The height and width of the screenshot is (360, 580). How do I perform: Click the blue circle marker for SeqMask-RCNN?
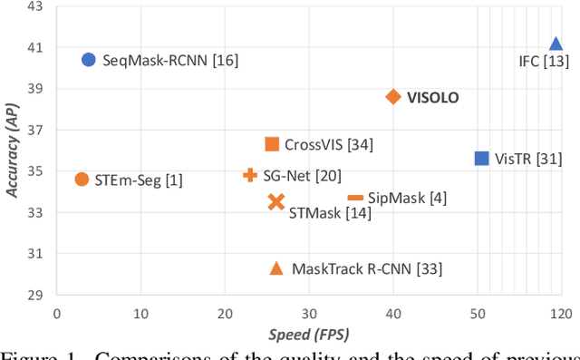point(88,60)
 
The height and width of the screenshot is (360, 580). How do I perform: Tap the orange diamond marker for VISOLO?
point(393,97)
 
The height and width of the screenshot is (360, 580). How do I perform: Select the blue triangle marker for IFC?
point(556,44)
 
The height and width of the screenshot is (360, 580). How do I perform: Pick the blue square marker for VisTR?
point(482,159)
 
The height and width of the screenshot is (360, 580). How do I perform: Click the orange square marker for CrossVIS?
point(272,144)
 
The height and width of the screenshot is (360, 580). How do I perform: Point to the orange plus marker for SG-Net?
point(250,175)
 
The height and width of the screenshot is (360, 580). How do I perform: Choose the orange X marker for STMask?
point(276,202)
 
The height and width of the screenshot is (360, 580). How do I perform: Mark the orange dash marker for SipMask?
point(355,198)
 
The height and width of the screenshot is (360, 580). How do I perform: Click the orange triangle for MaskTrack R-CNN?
point(276,268)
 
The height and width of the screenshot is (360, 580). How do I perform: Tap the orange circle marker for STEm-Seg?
point(82,180)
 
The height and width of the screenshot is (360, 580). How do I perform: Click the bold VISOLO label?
point(433,97)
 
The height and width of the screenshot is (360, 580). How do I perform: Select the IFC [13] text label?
point(536,62)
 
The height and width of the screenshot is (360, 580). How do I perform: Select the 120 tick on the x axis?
point(561,313)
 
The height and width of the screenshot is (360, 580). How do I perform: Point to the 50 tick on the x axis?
point(477,313)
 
